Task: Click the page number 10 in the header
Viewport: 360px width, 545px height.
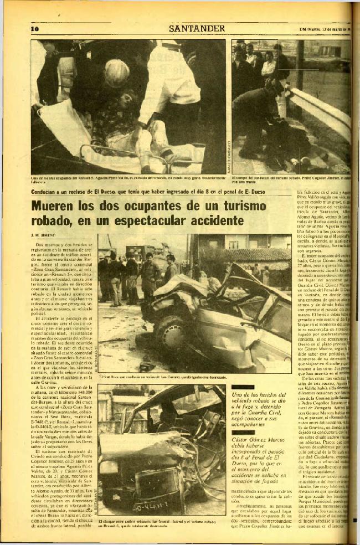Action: (34, 29)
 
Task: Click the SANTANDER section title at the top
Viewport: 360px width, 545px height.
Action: (197, 28)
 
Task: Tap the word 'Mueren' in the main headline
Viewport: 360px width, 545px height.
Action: (55, 207)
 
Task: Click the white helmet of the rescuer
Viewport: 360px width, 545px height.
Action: (117, 73)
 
